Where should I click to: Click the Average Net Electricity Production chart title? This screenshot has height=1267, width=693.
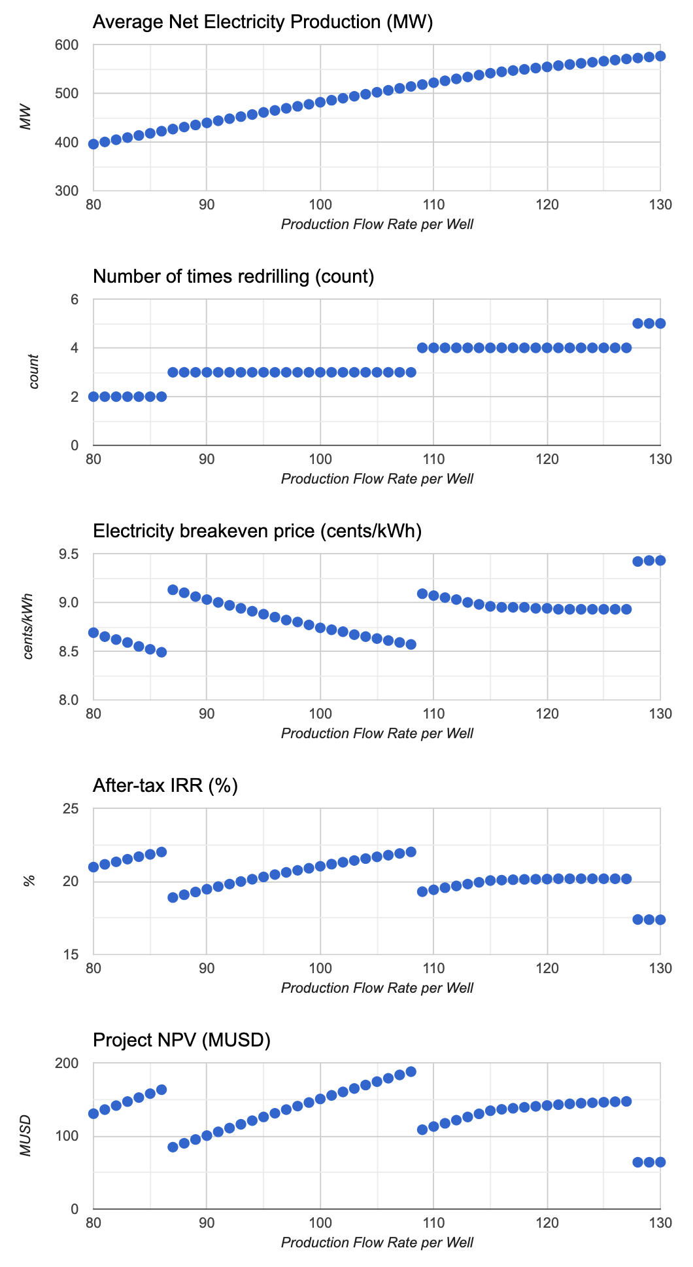pos(263,22)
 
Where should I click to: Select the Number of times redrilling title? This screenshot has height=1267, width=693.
pos(233,277)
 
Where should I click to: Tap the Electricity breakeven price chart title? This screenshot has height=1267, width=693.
pos(258,531)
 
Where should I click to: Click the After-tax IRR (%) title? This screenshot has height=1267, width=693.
pos(165,785)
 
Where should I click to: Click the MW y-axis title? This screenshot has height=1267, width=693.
pos(26,118)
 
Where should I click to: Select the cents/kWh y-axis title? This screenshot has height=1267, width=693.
pos(28,627)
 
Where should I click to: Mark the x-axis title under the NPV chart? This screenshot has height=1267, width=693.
pos(377,1242)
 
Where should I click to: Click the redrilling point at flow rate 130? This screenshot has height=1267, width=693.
pos(660,323)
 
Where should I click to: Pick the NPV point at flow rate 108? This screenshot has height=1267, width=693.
pos(411,1072)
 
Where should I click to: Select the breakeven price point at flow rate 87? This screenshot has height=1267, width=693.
pos(173,590)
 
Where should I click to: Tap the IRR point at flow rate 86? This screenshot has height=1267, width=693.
pos(161,852)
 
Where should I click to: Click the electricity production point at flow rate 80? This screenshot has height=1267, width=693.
pos(93,144)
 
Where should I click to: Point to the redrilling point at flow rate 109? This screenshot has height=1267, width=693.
pos(422,348)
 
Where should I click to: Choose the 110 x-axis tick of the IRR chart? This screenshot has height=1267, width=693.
pos(433,969)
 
